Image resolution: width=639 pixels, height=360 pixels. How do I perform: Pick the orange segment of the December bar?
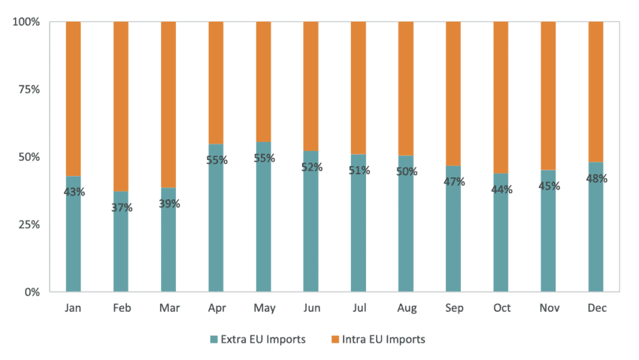[595, 90]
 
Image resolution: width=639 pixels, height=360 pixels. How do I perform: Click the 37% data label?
[121, 207]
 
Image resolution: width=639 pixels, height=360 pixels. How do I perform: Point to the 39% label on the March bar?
[168, 204]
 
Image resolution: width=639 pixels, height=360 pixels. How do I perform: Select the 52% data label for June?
[311, 167]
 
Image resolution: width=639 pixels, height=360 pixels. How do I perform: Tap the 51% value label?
[359, 170]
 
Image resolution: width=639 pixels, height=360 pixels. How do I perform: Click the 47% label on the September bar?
[454, 181]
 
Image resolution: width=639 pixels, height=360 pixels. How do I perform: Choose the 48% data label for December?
[596, 179]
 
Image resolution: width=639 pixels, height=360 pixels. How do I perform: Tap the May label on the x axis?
[264, 308]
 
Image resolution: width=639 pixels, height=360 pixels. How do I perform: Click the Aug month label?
[406, 308]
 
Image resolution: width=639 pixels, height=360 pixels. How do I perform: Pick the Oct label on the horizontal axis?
[501, 308]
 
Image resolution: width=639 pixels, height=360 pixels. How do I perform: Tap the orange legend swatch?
[335, 340]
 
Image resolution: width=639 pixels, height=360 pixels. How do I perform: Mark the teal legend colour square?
[214, 340]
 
